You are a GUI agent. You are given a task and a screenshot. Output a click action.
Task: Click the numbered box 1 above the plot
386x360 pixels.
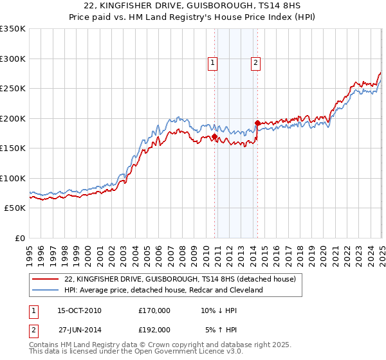[212, 62]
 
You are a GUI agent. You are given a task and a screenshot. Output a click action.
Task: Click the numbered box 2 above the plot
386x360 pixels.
[255, 62]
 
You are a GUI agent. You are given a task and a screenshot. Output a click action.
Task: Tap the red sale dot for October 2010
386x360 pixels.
[214, 136]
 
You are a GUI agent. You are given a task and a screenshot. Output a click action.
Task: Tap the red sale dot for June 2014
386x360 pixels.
[257, 123]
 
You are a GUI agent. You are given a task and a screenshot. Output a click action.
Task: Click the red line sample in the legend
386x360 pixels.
[46, 279]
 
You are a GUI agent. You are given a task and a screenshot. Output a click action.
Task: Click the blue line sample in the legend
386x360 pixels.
[46, 290]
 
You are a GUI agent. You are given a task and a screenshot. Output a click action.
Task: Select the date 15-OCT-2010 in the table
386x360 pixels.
[79, 310]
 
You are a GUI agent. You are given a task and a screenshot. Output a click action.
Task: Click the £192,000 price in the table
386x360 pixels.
[154, 329]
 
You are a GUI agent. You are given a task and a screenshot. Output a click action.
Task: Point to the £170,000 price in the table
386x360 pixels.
[154, 310]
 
